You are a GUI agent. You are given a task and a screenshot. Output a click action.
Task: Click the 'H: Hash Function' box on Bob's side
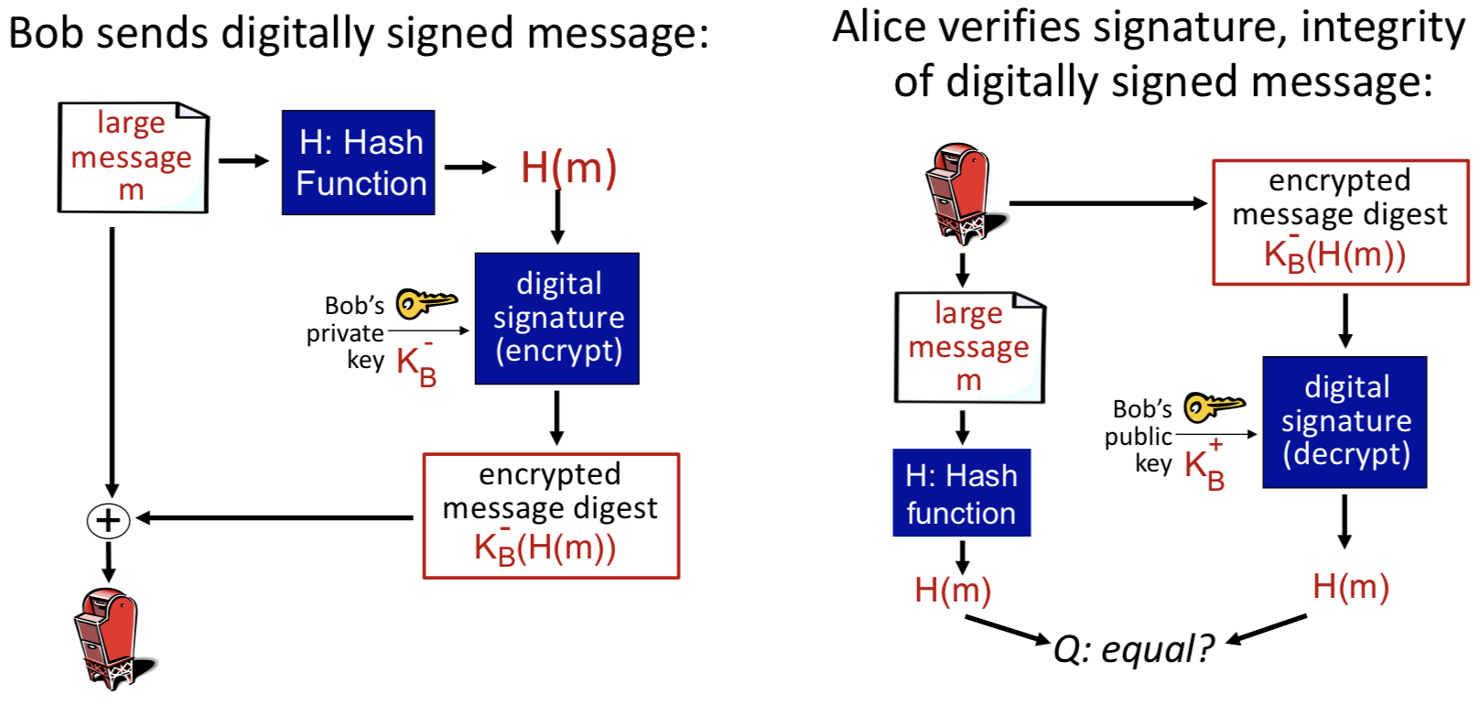(358, 163)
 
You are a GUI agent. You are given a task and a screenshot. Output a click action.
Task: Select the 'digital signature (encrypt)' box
(557, 318)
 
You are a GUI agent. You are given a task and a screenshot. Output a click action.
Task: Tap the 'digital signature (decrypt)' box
(1344, 421)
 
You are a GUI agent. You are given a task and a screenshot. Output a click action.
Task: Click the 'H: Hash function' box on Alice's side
(961, 493)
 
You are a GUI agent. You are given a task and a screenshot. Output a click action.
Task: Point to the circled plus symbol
(108, 520)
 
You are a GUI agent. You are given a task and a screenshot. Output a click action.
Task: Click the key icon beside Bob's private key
(426, 301)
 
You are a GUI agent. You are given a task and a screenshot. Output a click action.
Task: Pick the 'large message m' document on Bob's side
(133, 157)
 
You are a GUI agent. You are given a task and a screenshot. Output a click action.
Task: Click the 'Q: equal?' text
(1132, 649)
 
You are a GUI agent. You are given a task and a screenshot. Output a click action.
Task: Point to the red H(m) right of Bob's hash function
(568, 168)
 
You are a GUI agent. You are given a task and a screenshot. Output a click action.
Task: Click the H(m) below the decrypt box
(1350, 587)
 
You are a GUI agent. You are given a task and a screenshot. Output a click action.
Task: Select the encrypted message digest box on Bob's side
(551, 515)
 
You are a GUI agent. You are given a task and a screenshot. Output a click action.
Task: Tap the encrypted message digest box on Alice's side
(1340, 222)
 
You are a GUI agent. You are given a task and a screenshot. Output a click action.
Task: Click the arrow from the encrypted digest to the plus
(275, 518)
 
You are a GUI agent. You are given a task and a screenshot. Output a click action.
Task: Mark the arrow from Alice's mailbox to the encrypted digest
(1108, 203)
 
